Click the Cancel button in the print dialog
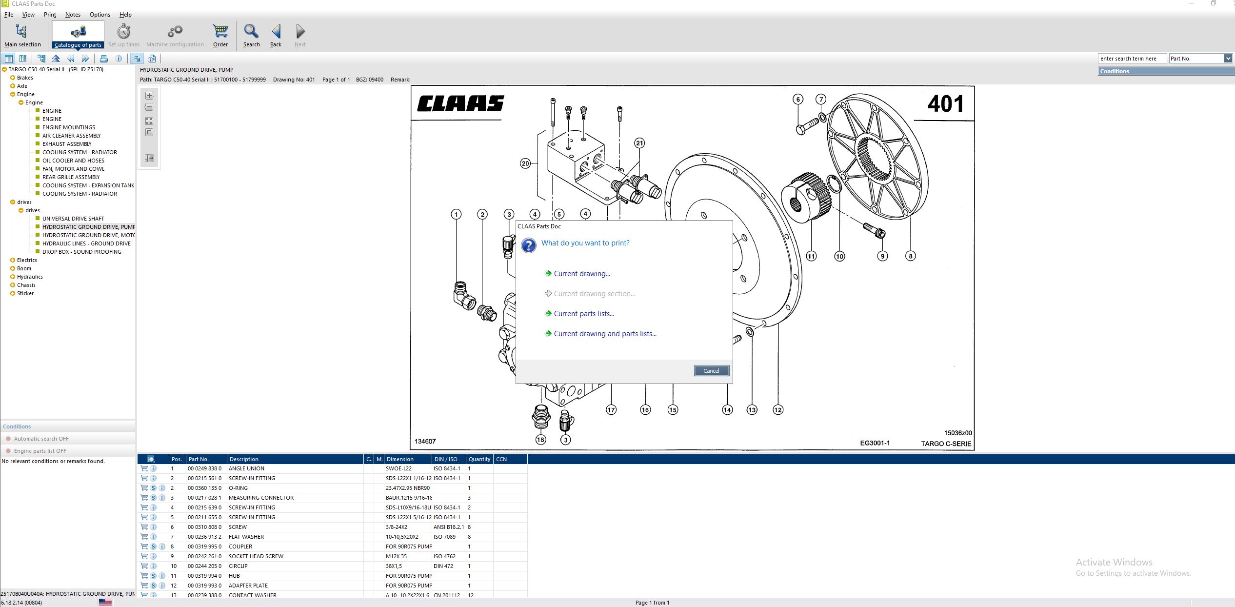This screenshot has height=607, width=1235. coord(711,371)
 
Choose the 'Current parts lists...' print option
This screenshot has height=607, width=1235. coord(583,314)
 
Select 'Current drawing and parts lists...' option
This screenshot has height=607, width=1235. coord(605,334)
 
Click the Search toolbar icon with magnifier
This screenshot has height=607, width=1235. coord(251,35)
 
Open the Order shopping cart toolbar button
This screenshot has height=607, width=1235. coord(220,35)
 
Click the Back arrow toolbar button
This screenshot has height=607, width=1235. coord(276,35)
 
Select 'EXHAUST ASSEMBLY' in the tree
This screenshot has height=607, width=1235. coord(67,144)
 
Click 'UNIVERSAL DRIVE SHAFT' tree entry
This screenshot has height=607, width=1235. coord(73,219)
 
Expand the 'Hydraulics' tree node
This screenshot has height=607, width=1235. coord(13,277)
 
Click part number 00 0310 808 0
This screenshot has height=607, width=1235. coord(204,527)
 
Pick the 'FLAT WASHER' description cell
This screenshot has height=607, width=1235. coord(246,537)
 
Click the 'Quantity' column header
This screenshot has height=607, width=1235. coord(479,459)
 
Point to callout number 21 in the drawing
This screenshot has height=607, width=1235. coord(639,143)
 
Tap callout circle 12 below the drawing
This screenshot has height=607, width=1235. coord(777,410)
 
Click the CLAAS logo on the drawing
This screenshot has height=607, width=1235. coord(460,103)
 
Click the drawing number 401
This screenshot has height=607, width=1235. coord(945,104)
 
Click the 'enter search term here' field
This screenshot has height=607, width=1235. coord(1131,59)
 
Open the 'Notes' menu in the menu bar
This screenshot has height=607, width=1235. coord(73,15)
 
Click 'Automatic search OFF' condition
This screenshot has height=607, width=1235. coord(41,439)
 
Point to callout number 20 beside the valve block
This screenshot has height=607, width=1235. coord(525,163)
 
